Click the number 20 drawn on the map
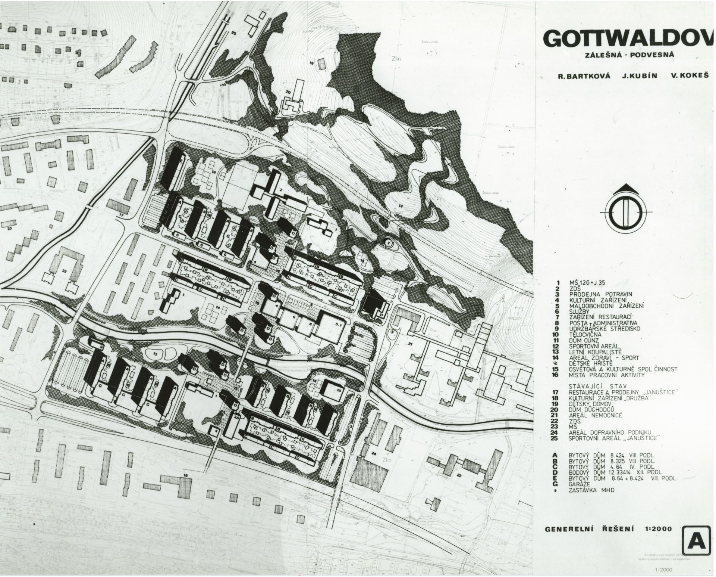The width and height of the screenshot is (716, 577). [288, 91]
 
